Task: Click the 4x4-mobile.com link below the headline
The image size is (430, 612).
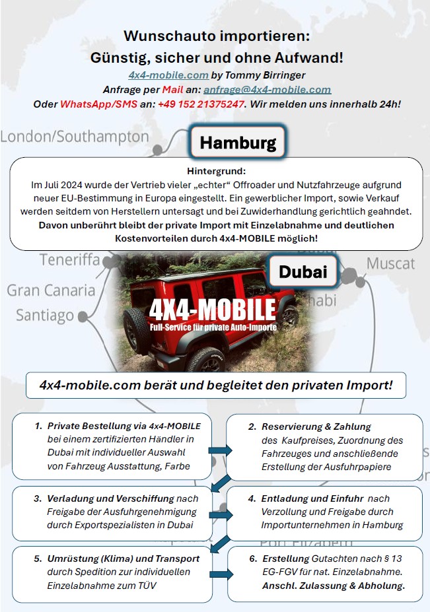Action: (168, 75)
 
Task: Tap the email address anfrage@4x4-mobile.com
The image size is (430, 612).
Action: (267, 90)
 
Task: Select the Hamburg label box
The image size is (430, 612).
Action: (238, 143)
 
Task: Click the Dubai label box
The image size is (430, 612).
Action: (303, 271)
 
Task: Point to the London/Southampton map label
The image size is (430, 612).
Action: (75, 137)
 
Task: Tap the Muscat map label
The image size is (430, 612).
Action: (391, 263)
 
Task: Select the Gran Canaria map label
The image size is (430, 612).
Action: (51, 290)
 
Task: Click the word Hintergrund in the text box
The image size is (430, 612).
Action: (216, 171)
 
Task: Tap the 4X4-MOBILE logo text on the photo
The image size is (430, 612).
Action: (212, 309)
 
